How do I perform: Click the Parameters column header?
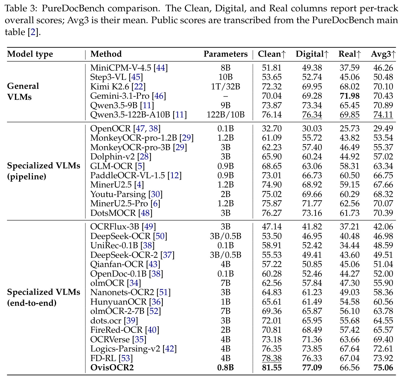(x=225, y=54)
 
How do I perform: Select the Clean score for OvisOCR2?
(x=271, y=368)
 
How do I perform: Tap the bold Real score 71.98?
(x=350, y=96)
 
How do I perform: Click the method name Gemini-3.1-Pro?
(x=120, y=96)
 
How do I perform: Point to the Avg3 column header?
(x=383, y=54)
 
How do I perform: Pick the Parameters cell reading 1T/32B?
(x=225, y=86)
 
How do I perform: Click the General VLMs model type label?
(x=23, y=91)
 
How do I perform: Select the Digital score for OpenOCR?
(x=312, y=128)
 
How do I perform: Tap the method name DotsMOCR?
(x=113, y=213)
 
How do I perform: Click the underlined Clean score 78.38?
(x=271, y=358)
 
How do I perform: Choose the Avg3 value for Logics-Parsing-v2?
(x=383, y=349)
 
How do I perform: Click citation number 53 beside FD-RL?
(x=125, y=358)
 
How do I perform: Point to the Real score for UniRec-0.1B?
(x=350, y=245)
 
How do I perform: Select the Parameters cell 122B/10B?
(x=225, y=115)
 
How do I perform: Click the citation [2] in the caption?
(x=33, y=32)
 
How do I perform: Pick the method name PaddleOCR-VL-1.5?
(x=127, y=176)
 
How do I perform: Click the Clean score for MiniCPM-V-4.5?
(x=271, y=68)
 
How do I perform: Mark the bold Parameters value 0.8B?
(x=225, y=368)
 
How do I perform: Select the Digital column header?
(x=312, y=54)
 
